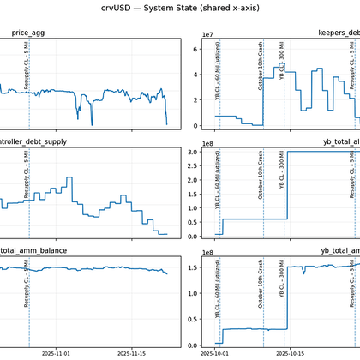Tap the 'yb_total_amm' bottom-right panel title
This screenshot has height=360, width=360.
pyautogui.click(x=339, y=250)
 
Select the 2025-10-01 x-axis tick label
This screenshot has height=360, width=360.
pyautogui.click(x=215, y=351)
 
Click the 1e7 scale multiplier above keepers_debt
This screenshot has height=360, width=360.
pyautogui.click(x=207, y=34)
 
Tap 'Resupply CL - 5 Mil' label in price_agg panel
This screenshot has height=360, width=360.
pyautogui.click(x=27, y=66)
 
